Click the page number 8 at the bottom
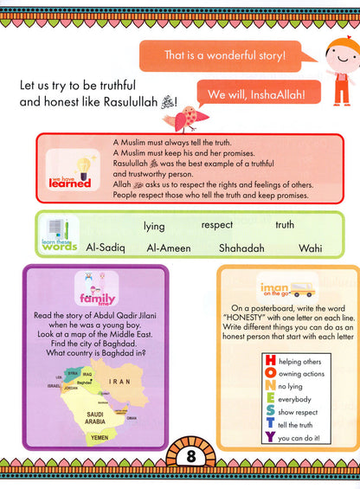click(x=180, y=456)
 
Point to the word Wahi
click(x=310, y=248)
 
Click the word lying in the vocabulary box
click(x=154, y=227)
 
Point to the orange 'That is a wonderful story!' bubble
click(x=227, y=58)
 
